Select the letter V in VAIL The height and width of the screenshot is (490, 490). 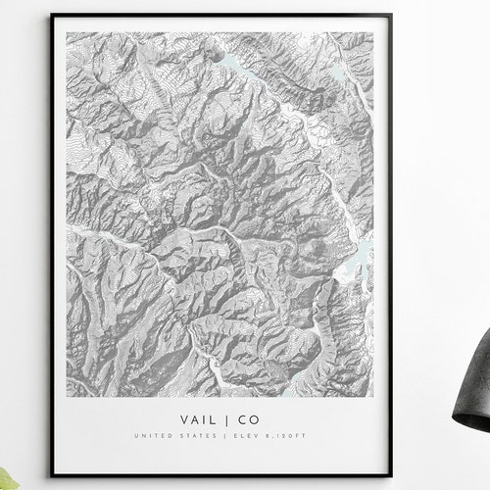[183, 417]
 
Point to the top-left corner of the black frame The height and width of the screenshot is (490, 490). [52, 16]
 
